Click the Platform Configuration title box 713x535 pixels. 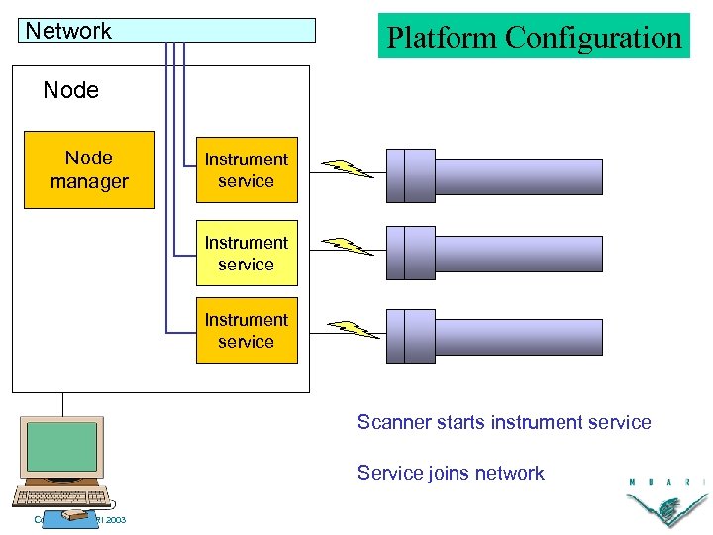tap(534, 37)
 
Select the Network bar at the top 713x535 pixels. tap(167, 31)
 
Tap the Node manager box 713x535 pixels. tap(89, 169)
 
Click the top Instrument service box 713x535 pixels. tap(247, 169)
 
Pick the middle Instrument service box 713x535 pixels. tap(247, 253)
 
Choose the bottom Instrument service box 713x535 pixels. tap(247, 330)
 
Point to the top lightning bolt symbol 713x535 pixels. tap(348, 168)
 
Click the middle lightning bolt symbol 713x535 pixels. tap(348, 246)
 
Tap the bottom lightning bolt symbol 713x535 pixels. tap(353, 329)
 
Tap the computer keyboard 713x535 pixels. tap(61, 498)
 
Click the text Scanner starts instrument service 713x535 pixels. tap(504, 423)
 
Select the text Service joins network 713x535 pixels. tap(451, 474)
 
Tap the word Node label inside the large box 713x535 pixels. tap(71, 90)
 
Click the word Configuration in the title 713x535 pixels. tap(593, 38)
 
